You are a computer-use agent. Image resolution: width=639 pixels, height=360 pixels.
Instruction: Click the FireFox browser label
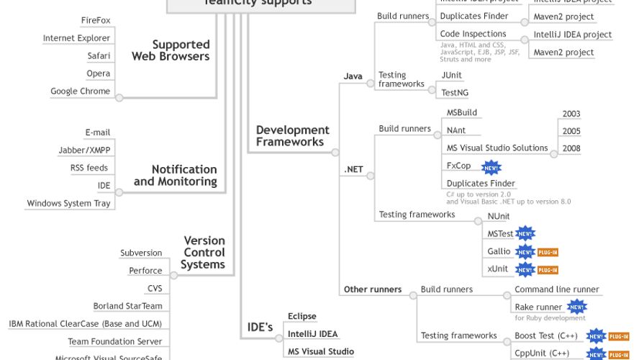(95, 20)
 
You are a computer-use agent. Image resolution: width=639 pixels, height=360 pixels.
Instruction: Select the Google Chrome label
(80, 91)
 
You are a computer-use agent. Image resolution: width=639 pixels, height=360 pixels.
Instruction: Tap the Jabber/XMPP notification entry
(84, 150)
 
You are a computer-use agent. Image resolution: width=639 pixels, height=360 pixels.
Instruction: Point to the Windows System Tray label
(69, 204)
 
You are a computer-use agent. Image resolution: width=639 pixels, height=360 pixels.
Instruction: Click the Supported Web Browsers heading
(171, 50)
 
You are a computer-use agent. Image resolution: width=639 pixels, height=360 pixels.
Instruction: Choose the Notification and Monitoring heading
(175, 175)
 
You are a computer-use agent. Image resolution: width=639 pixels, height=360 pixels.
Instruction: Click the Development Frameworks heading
(292, 136)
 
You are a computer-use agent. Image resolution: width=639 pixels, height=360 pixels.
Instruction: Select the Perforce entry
(145, 271)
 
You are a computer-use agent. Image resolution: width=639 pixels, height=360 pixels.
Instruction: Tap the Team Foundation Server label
(115, 341)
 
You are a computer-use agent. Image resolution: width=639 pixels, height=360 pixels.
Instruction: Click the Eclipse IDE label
(302, 316)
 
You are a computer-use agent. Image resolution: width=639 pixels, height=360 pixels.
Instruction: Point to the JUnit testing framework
(451, 75)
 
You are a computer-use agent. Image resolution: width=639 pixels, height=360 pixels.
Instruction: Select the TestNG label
(454, 93)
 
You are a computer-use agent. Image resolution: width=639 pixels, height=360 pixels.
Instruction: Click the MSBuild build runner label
(461, 113)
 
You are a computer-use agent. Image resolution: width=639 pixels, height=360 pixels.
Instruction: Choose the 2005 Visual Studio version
(571, 131)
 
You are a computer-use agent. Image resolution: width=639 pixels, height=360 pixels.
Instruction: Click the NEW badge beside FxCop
(491, 167)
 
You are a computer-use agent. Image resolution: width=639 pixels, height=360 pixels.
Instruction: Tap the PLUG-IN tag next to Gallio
(548, 252)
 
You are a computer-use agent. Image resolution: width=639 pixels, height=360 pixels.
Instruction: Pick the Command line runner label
(556, 289)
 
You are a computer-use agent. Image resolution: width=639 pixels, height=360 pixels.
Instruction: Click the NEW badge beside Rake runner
(577, 307)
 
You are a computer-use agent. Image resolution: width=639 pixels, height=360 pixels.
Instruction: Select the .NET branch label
(353, 170)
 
